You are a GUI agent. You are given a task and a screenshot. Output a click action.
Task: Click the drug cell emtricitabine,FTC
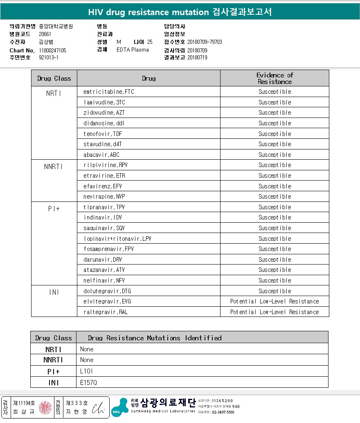point(109,92)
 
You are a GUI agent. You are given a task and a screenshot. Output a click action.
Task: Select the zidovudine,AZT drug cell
point(104,113)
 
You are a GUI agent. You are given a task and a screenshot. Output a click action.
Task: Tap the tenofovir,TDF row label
point(103,134)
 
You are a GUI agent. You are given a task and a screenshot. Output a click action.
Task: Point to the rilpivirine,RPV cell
point(106,165)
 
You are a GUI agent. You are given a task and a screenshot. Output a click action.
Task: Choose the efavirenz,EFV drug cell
point(103,186)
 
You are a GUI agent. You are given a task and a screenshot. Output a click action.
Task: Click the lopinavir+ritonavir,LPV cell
point(117,239)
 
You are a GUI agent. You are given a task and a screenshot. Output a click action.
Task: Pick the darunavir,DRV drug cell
point(103,260)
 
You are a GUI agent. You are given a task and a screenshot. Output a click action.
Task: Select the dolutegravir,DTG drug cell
point(107,291)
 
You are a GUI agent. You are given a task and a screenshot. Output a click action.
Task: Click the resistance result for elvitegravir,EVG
point(274,301)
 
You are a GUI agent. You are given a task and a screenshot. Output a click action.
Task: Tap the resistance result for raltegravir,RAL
point(274,312)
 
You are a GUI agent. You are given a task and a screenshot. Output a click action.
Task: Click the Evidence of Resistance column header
point(274,78)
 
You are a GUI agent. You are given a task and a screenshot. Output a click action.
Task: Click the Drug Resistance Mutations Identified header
point(155,338)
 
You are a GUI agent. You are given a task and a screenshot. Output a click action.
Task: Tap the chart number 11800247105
point(52,50)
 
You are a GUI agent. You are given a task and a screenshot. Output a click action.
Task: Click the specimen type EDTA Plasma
point(133,50)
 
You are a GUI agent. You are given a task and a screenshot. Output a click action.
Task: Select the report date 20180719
point(197,58)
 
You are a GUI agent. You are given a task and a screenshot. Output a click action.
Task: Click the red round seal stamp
point(45,408)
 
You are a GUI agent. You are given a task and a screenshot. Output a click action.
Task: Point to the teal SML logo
point(119,407)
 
